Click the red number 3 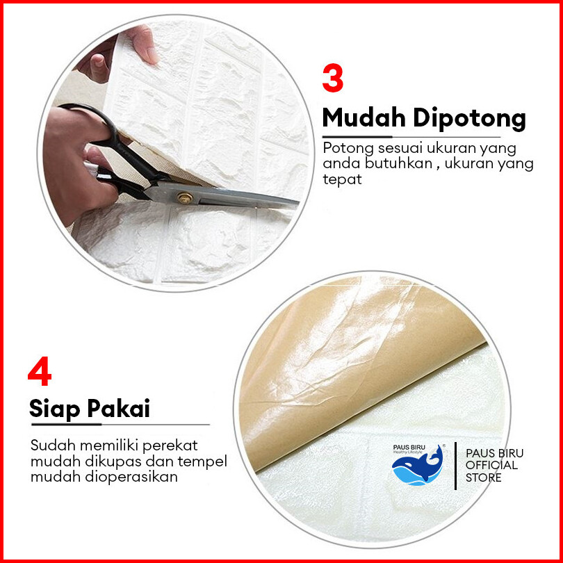pyautogui.click(x=332, y=79)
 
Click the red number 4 pyautogui.click(x=40, y=371)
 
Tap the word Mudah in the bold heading pyautogui.click(x=364, y=117)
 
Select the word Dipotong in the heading pyautogui.click(x=470, y=119)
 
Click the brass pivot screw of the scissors pyautogui.click(x=185, y=198)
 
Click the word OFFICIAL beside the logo pyautogui.click(x=491, y=465)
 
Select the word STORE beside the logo pyautogui.click(x=483, y=478)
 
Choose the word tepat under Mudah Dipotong pyautogui.click(x=342, y=179)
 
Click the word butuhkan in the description pyautogui.click(x=398, y=163)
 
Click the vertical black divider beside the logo pyautogui.click(x=455, y=466)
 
